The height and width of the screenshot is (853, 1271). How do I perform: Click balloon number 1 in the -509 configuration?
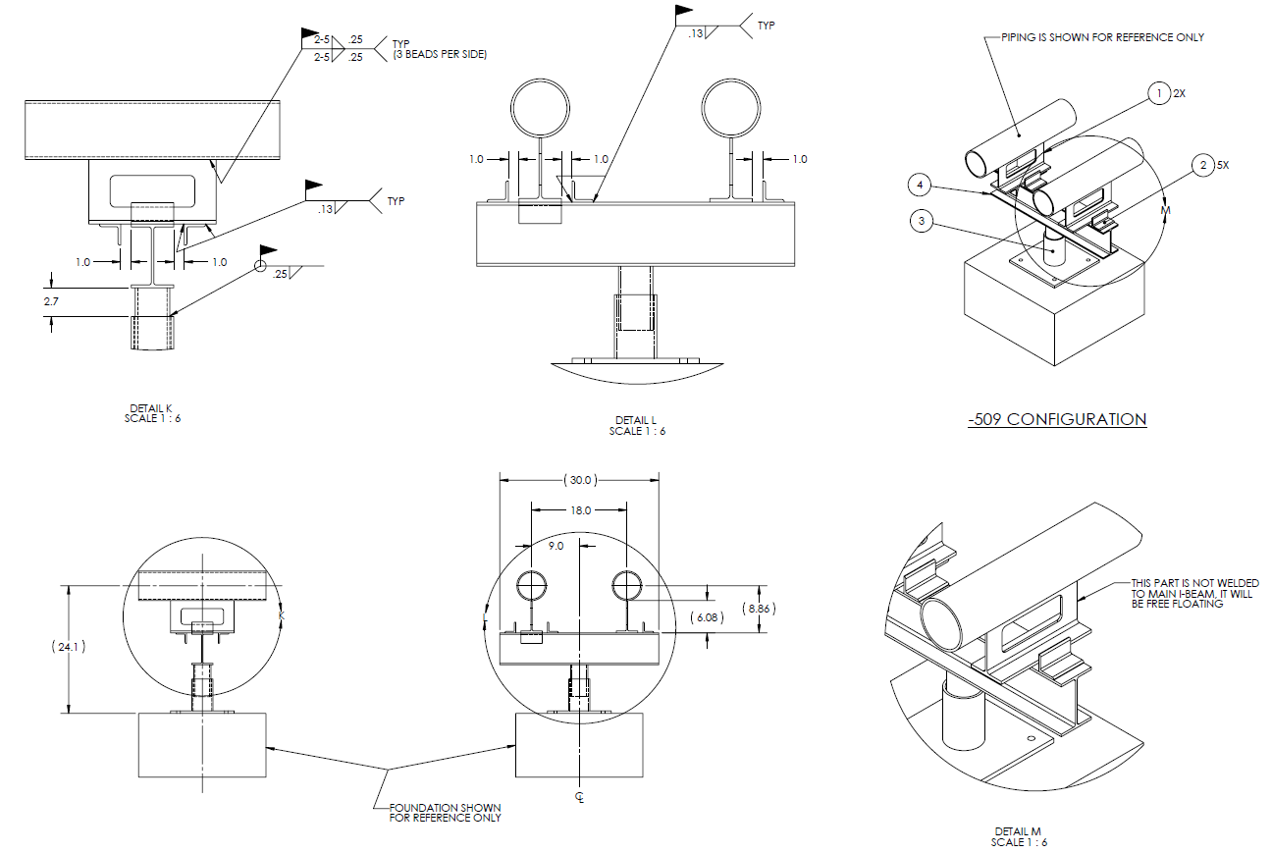(x=1160, y=94)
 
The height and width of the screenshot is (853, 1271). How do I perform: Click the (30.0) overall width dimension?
(x=579, y=480)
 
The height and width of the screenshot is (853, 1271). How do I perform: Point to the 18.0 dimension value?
(x=580, y=510)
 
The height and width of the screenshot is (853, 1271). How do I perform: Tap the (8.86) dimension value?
(x=760, y=609)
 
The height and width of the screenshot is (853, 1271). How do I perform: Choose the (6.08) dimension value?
(x=706, y=617)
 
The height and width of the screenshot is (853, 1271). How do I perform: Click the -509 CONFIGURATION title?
(x=1056, y=419)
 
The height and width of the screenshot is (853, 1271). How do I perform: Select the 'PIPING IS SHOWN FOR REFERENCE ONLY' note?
(x=1102, y=37)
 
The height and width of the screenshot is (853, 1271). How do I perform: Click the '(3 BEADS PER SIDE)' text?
(x=440, y=54)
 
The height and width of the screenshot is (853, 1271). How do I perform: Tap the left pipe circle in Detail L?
(x=541, y=107)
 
